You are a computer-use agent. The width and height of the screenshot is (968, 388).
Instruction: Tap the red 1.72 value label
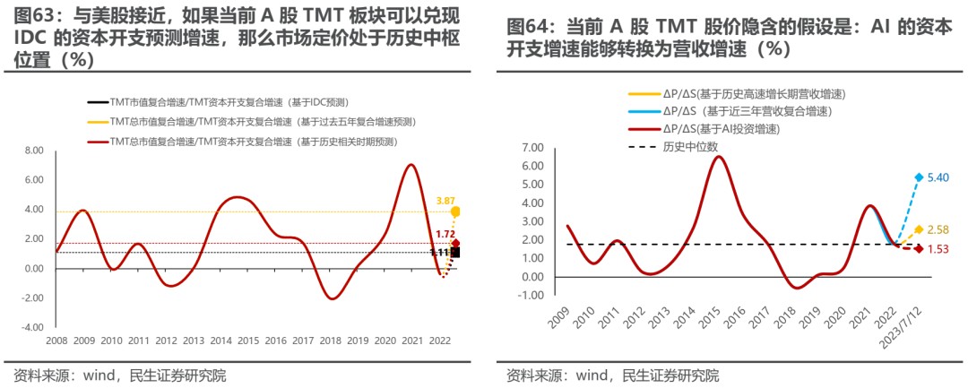pyautogui.click(x=445, y=234)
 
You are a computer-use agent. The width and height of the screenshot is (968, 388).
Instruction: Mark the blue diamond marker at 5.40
pyautogui.click(x=919, y=177)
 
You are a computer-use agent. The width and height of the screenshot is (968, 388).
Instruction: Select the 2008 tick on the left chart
pyautogui.click(x=56, y=341)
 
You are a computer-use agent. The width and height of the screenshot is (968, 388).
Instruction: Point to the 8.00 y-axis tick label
pyautogui.click(x=33, y=151)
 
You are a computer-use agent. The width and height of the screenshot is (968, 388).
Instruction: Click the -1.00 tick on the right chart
pyautogui.click(x=531, y=295)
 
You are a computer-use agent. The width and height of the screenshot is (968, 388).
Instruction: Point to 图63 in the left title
pyautogui.click(x=34, y=15)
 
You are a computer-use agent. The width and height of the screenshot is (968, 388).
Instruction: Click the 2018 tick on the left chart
pyautogui.click(x=331, y=341)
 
